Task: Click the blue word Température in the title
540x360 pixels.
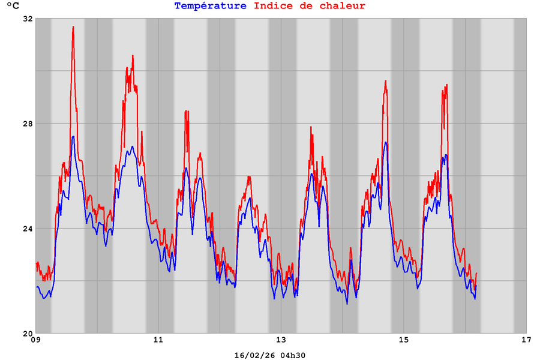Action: click(x=210, y=6)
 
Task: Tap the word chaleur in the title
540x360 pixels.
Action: click(x=341, y=6)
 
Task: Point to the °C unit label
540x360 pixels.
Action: click(x=13, y=6)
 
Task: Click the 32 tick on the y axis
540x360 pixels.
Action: click(x=28, y=19)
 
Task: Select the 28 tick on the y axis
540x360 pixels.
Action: click(x=28, y=124)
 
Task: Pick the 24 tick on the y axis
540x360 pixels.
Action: click(x=28, y=229)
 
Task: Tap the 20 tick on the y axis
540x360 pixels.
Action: click(x=28, y=334)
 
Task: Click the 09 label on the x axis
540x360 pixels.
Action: click(x=35, y=341)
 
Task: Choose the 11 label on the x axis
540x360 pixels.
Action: click(x=158, y=341)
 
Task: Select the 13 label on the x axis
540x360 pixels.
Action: click(x=281, y=341)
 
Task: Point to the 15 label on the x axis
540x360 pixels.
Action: click(x=403, y=341)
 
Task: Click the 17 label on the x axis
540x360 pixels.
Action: click(x=526, y=341)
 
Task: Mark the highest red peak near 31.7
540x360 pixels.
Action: click(x=73, y=27)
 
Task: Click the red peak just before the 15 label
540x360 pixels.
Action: click(x=386, y=81)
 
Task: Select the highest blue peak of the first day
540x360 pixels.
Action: click(x=73, y=137)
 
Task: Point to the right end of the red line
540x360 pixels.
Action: click(x=476, y=274)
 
